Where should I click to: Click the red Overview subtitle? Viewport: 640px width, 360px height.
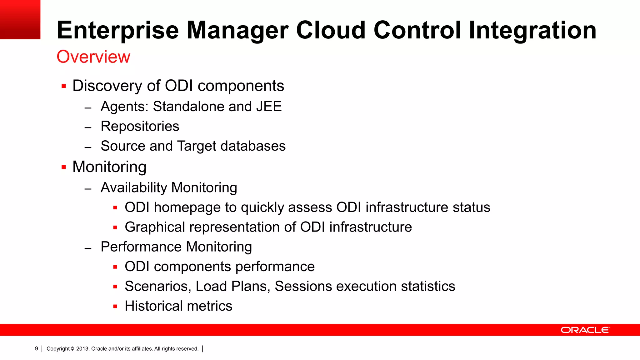click(93, 57)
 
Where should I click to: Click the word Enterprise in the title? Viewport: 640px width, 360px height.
click(118, 31)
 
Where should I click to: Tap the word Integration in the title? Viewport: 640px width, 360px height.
click(532, 31)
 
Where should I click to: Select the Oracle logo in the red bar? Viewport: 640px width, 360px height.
click(585, 330)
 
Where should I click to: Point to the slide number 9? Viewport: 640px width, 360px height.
click(37, 349)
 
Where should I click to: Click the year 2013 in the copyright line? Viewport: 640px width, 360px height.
click(82, 349)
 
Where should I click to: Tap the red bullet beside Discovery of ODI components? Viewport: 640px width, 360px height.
click(64, 86)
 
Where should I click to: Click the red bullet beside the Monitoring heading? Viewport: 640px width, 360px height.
click(64, 167)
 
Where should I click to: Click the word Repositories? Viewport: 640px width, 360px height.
click(140, 126)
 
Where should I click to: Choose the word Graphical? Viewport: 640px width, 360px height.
click(155, 227)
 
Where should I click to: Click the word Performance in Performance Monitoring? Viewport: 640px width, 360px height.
click(141, 247)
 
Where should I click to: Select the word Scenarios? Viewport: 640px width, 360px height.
click(158, 286)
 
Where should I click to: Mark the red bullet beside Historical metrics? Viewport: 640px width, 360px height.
click(115, 307)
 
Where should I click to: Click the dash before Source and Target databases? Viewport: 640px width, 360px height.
click(88, 147)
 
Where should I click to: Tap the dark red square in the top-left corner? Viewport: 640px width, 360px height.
click(20, 19)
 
